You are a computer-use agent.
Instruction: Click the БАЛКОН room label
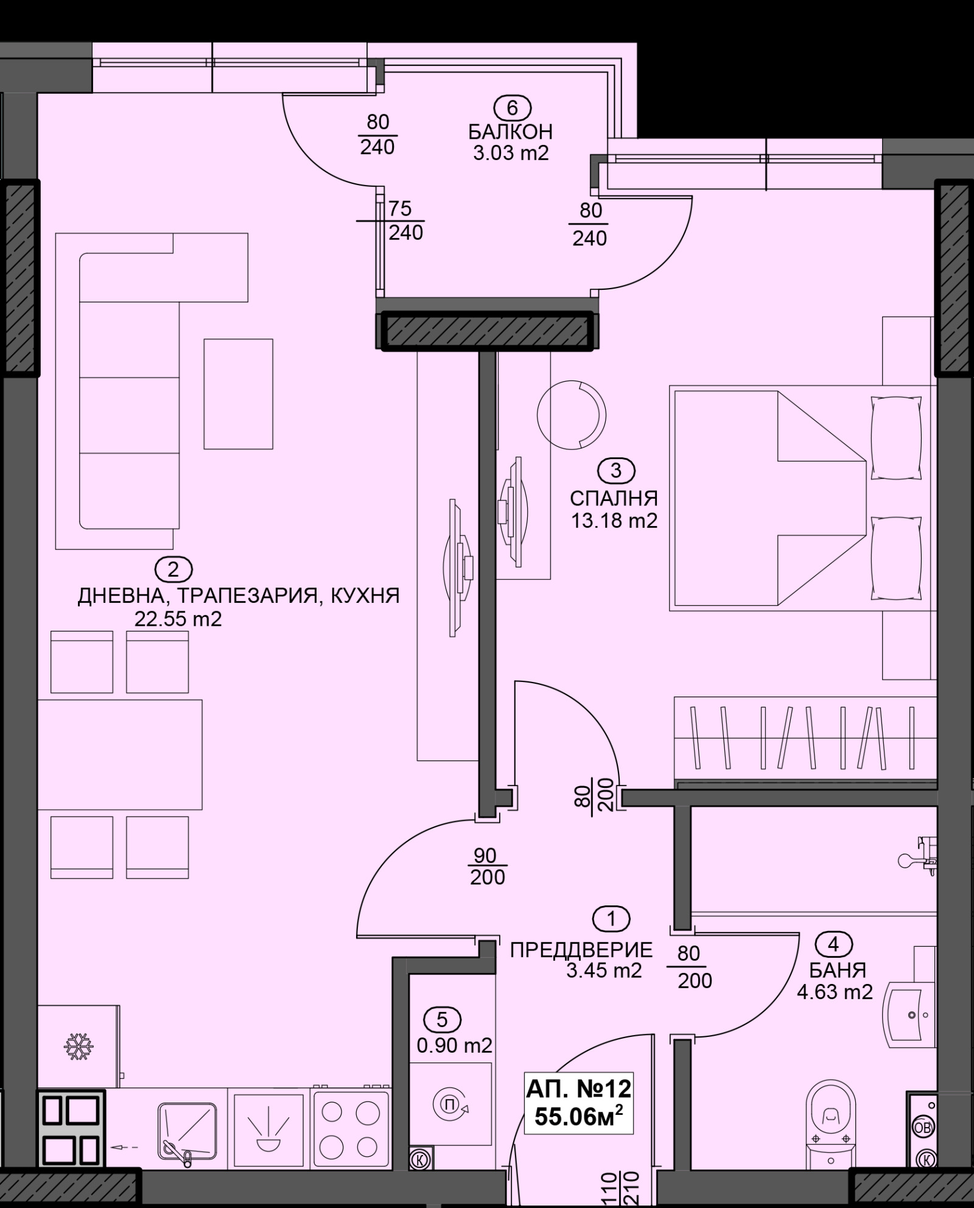click(x=510, y=132)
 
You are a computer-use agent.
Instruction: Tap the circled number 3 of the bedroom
click(x=616, y=470)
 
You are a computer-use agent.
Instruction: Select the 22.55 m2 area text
click(x=178, y=620)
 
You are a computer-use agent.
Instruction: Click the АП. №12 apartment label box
click(x=578, y=1103)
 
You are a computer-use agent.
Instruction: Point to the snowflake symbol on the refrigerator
click(x=79, y=1044)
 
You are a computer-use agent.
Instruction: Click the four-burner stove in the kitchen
click(x=349, y=1130)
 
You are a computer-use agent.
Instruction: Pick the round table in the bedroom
click(x=571, y=415)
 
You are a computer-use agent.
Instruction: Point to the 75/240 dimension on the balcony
click(x=405, y=220)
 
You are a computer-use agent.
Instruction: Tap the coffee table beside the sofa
click(x=238, y=394)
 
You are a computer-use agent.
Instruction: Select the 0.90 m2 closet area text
click(x=454, y=1045)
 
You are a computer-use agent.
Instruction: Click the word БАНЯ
click(x=838, y=969)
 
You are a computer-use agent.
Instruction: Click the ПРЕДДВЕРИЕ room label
click(x=581, y=949)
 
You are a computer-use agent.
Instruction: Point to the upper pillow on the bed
click(x=896, y=438)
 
